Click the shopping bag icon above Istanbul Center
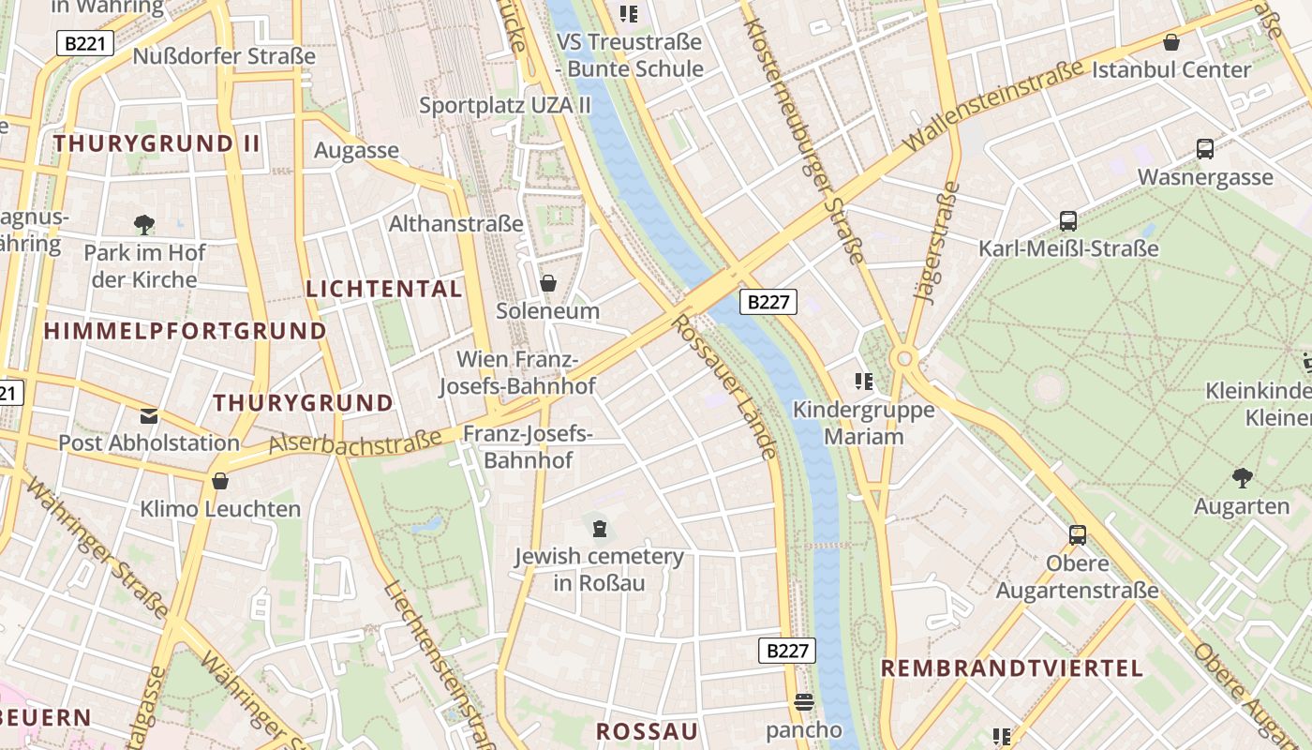coord(1170,42)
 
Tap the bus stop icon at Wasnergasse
coord(1205,148)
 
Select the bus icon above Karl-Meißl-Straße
coord(1067,221)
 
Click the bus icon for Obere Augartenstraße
coord(1078,535)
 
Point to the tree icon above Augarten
coord(1243,478)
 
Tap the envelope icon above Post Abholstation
coord(149,415)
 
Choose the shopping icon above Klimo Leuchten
coord(220,482)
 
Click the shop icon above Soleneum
coord(548,282)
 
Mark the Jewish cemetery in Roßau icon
coord(599,529)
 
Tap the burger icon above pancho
coord(803,702)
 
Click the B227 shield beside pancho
coord(786,651)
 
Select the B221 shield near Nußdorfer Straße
coord(85,43)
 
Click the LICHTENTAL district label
coord(384,289)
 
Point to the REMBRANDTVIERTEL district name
coord(1012,668)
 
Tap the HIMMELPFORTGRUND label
coord(185,331)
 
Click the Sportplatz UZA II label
coord(505,105)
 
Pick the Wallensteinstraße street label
coord(993,104)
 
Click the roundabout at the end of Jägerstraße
coord(904,358)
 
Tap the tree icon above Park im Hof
coord(144,224)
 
